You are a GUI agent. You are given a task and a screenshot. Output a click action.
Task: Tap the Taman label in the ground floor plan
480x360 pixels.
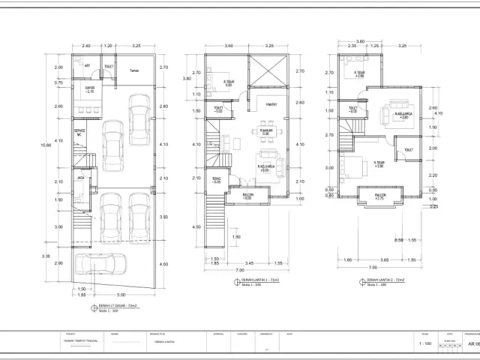pos(134,71)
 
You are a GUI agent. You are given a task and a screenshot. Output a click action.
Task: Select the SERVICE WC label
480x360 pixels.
pos(79,133)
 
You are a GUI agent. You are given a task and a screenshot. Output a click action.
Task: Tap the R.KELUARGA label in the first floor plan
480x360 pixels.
pos(264,168)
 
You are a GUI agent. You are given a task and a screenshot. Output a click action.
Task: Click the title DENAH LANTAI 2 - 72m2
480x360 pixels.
pos(385,279)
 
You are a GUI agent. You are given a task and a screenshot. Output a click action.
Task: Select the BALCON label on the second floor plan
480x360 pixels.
pos(379,196)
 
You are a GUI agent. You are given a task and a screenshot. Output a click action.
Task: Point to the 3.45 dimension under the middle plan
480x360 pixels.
pos(247,262)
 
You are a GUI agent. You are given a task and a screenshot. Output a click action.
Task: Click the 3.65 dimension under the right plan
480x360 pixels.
pos(384,259)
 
